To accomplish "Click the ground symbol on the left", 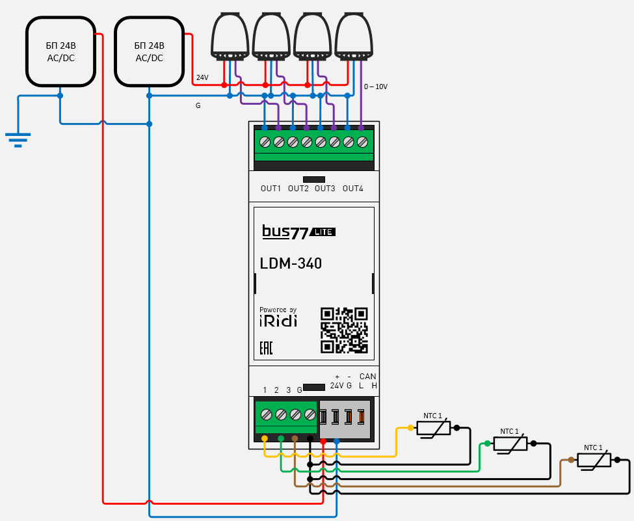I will tap(18, 139).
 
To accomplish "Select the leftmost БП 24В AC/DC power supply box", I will tap(61, 52).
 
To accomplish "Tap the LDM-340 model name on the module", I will tap(291, 263).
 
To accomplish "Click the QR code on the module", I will tap(344, 330).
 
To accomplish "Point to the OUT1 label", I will tap(271, 189).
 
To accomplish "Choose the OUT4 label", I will tap(352, 189).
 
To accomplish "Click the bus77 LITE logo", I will tap(298, 232).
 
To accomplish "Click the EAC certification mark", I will tap(266, 349).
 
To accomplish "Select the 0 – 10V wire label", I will tap(376, 87).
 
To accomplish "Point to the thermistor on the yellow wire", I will tap(433, 428).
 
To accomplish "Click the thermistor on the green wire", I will tap(510, 444).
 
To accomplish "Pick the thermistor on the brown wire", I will tap(594, 460).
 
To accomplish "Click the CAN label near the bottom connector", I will tap(367, 377).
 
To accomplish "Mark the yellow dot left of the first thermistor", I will tap(410, 428).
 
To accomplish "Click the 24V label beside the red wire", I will tap(202, 77).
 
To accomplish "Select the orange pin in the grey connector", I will tap(362, 416).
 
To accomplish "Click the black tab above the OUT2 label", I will tap(314, 179).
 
